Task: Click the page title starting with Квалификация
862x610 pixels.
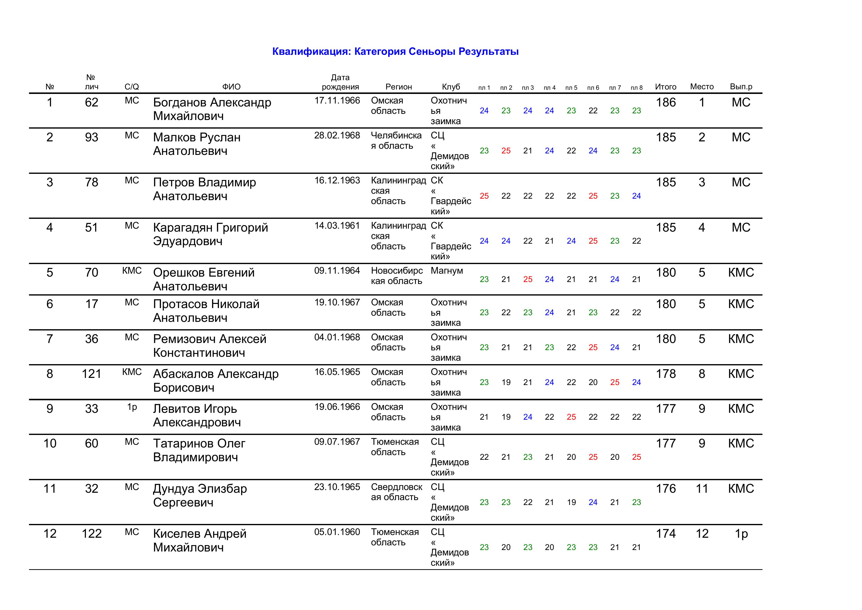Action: tap(395, 51)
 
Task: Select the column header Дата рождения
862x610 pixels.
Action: tap(340, 82)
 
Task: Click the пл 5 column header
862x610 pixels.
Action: tap(571, 88)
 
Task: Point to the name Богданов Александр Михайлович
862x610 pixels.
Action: tap(212, 109)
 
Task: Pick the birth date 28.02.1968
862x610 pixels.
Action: tap(337, 136)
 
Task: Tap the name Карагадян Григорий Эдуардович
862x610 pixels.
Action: tap(210, 234)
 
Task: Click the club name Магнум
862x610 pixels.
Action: tap(446, 271)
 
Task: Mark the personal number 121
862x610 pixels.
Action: tap(92, 374)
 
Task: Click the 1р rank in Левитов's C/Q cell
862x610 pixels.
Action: tap(132, 407)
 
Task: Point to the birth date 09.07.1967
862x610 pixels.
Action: tap(337, 442)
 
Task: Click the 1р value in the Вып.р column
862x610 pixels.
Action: tap(741, 534)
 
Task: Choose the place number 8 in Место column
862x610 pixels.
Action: tap(701, 374)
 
